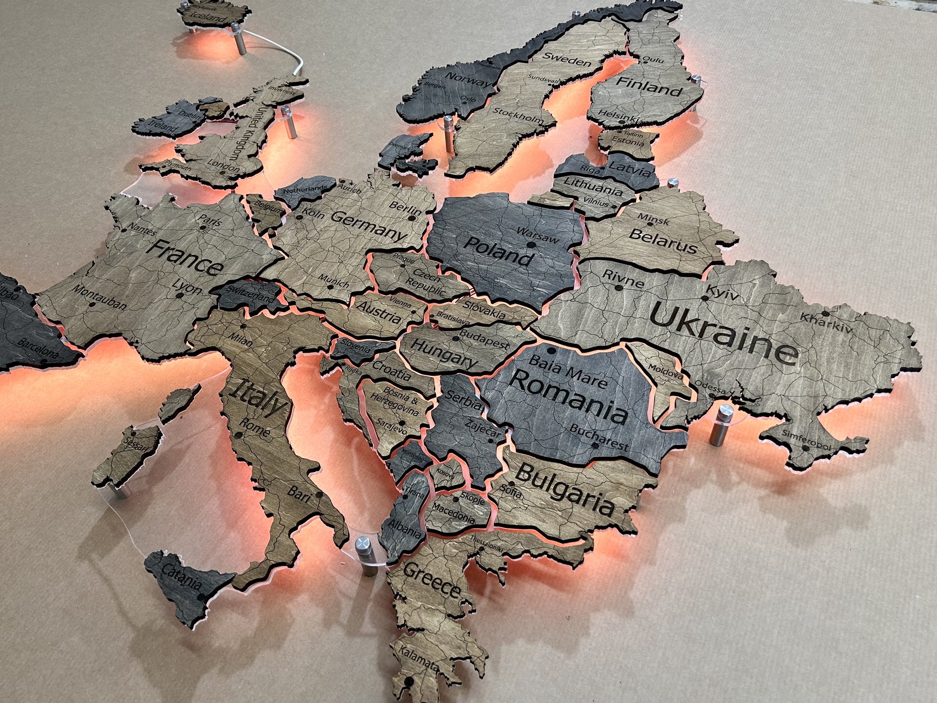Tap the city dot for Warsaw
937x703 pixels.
(531, 245)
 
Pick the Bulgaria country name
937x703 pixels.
(568, 488)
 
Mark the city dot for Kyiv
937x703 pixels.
(704, 298)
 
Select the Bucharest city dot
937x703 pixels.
(595, 446)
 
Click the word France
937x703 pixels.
(185, 258)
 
